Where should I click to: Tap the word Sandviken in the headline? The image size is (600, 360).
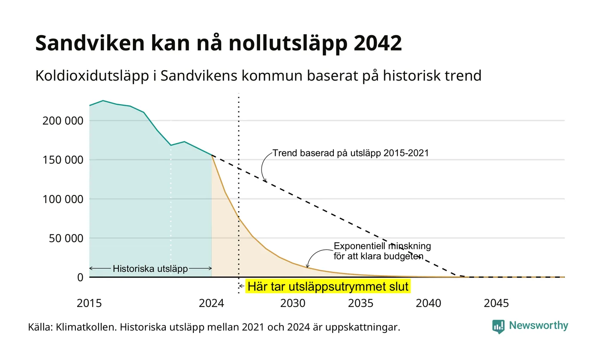(90, 43)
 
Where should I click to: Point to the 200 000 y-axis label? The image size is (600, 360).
(63, 121)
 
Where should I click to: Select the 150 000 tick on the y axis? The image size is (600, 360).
(63, 160)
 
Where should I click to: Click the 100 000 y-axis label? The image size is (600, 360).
(63, 199)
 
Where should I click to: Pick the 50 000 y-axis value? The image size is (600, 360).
(66, 238)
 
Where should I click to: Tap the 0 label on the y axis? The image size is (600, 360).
(81, 278)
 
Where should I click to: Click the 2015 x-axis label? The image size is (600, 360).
(89, 303)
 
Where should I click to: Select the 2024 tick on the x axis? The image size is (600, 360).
(211, 303)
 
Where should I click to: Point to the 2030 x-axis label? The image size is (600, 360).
(293, 303)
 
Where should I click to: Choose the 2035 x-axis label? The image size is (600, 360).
(360, 303)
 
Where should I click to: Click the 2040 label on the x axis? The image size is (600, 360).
(428, 303)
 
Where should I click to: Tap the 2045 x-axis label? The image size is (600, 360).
(496, 303)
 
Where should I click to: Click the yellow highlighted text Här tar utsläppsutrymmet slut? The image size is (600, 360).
(328, 286)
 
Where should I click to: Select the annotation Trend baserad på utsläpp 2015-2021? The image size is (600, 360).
(351, 153)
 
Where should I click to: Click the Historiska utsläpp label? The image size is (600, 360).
(150, 269)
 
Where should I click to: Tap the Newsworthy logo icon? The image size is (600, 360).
(498, 327)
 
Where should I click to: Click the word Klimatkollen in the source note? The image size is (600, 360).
(86, 327)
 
